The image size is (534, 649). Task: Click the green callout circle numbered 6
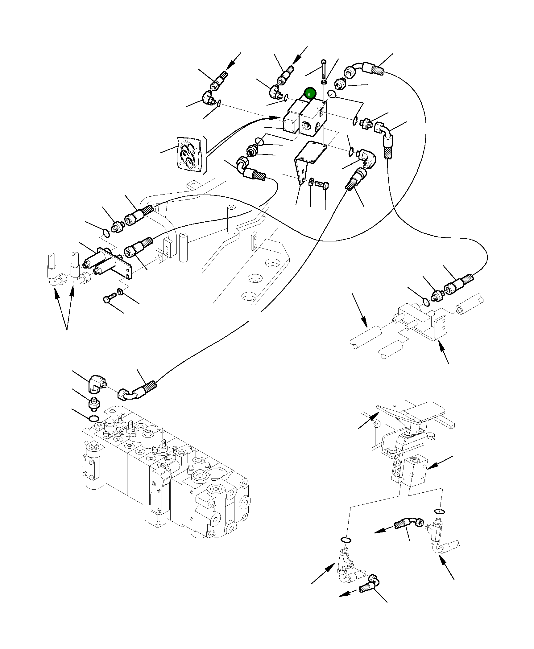[x=310, y=94]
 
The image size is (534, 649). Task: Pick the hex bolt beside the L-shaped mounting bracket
[x=322, y=185]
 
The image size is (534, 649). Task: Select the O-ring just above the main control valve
[x=93, y=419]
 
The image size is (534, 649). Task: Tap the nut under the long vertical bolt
[x=324, y=82]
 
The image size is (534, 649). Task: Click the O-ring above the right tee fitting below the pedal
[x=439, y=512]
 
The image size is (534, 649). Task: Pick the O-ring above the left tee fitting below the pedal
[x=346, y=540]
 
